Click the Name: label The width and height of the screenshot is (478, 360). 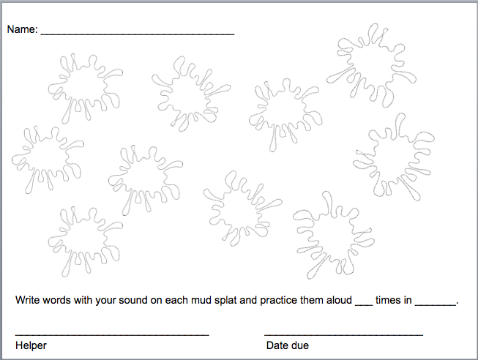click(x=22, y=29)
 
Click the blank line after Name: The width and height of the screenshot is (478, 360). click(x=138, y=34)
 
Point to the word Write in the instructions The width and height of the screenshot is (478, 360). click(x=27, y=300)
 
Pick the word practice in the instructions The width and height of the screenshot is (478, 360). click(x=279, y=301)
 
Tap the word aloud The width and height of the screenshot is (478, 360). click(x=340, y=300)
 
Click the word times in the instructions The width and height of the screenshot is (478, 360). click(x=389, y=300)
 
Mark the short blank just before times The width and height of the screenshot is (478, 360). click(x=364, y=304)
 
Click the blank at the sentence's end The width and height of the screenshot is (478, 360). click(x=436, y=304)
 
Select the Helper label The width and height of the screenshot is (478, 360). click(x=31, y=345)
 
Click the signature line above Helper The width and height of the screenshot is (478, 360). click(x=112, y=334)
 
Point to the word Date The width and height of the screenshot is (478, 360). click(x=276, y=345)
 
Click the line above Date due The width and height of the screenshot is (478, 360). click(x=344, y=334)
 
